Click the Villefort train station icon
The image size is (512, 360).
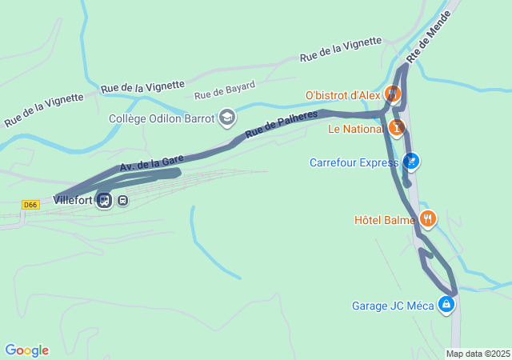tap(103, 200)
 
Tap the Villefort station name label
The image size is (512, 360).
tap(73, 200)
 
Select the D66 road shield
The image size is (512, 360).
tap(30, 205)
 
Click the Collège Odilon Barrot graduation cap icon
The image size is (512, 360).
tap(227, 118)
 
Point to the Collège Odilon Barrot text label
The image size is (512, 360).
tap(162, 118)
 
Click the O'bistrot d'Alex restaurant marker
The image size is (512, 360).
tap(393, 94)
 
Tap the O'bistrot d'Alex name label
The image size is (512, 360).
tap(342, 95)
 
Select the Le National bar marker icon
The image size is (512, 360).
tap(397, 128)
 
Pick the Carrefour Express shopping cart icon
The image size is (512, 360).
tap(411, 162)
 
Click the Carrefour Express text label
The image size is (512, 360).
tap(354, 163)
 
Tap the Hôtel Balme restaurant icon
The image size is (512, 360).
tap(428, 218)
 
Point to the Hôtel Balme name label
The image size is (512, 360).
tap(385, 219)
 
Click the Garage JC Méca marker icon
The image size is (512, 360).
tap(446, 305)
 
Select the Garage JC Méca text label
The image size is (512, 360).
tap(393, 306)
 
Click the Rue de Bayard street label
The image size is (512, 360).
tap(225, 90)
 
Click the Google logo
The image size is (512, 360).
tap(26, 350)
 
